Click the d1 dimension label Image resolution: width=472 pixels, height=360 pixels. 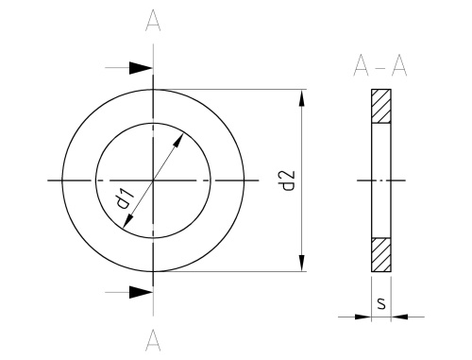point(125,198)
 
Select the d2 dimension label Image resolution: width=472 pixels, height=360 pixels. point(288,180)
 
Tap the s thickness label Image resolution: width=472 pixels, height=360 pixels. point(381,303)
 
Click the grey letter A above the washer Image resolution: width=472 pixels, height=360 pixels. point(153,21)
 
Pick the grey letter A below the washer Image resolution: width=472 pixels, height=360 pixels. point(153,340)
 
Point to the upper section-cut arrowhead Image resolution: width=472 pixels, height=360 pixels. point(141,68)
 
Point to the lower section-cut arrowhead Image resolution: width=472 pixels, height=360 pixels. point(141,292)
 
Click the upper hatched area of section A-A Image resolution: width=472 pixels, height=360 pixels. point(381,106)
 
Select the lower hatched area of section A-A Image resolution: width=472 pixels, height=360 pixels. point(381,254)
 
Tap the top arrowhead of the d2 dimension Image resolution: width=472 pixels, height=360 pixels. point(302,98)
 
